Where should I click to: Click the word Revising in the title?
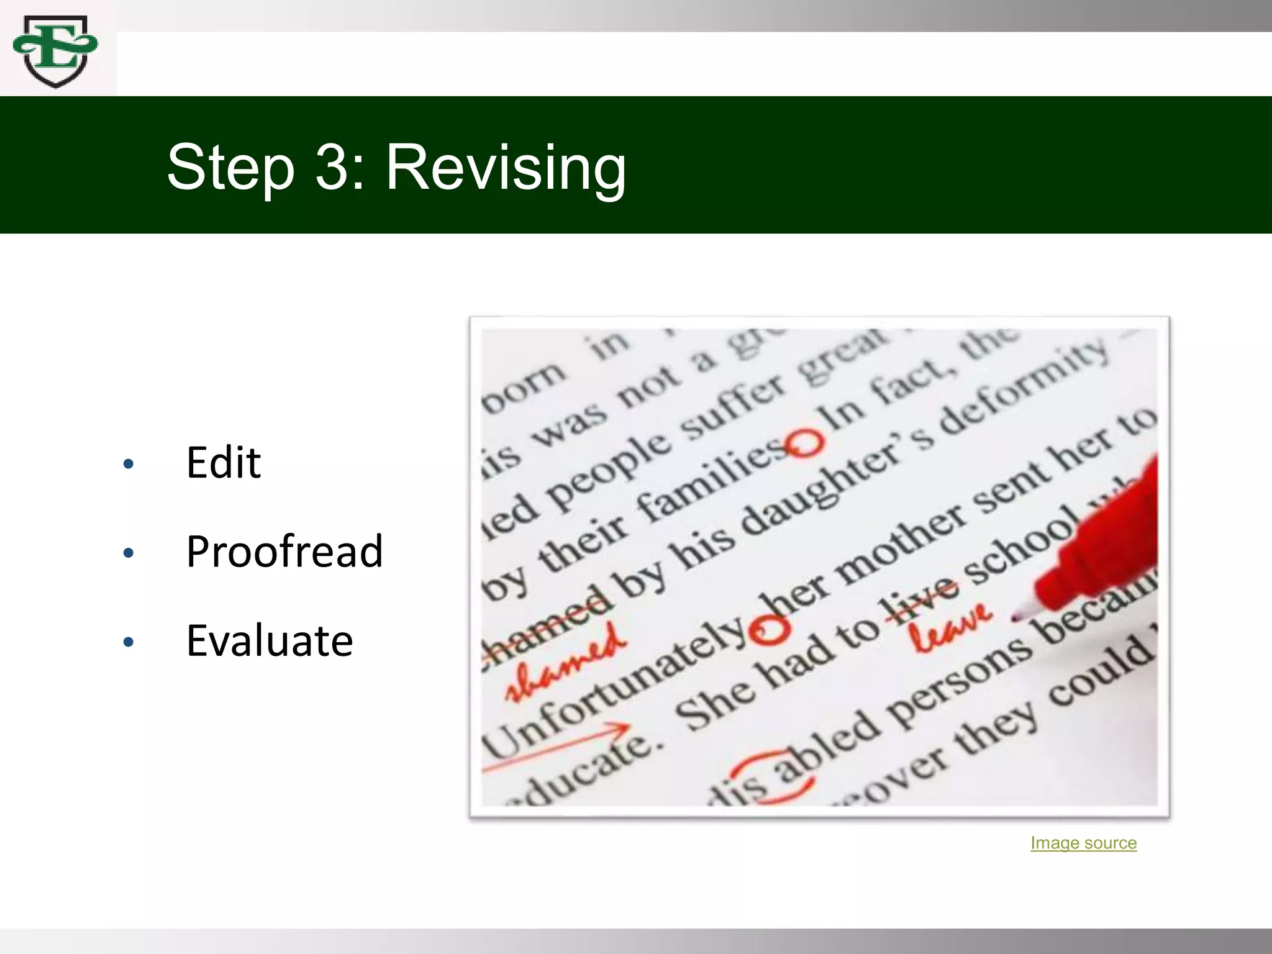click(506, 167)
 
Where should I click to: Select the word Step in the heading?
click(230, 167)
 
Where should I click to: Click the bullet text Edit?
click(224, 463)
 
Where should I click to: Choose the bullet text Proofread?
click(284, 552)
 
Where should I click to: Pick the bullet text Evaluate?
click(270, 641)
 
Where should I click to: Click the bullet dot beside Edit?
click(129, 464)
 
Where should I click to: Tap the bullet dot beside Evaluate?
click(129, 642)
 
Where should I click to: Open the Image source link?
click(1083, 843)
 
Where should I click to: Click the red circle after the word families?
click(805, 442)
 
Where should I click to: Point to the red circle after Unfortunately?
click(770, 631)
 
